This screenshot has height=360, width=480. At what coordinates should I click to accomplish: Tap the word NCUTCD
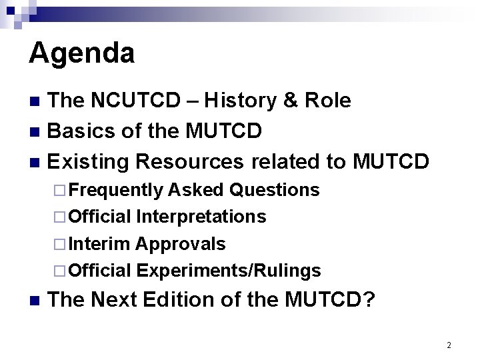(135, 101)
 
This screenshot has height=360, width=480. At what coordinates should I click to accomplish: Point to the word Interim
(99, 244)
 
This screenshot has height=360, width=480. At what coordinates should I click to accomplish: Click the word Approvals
(181, 244)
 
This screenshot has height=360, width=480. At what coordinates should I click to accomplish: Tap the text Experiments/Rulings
(229, 271)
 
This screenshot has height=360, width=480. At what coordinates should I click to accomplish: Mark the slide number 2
(449, 345)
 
